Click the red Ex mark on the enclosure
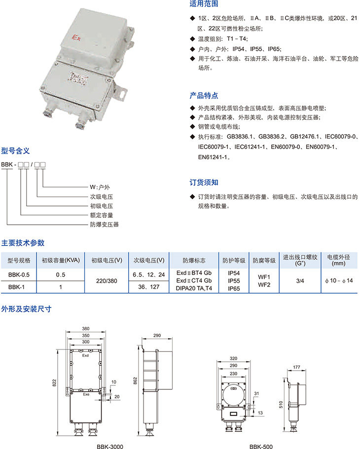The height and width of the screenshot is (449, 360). click(76, 37)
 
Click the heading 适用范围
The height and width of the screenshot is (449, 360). click(204, 4)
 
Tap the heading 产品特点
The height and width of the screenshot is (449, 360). click(204, 95)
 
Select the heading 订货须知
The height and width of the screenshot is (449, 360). click(204, 182)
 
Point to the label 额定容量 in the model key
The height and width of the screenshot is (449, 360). click(102, 215)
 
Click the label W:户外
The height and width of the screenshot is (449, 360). click(100, 187)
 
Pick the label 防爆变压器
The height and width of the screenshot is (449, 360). click(105, 225)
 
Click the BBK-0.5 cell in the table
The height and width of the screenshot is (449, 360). click(19, 275)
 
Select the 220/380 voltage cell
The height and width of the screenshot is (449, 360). click(107, 281)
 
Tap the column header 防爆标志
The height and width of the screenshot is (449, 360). click(194, 260)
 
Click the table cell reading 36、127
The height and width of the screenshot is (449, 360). click(149, 287)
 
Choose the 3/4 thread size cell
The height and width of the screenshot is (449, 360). click(300, 281)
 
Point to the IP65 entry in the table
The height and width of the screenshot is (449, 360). click(234, 289)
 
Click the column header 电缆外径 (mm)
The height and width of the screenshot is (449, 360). click(338, 260)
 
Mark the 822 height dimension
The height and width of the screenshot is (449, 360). click(54, 383)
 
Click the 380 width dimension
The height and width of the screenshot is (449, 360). click(86, 328)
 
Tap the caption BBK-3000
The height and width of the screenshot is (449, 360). click(110, 446)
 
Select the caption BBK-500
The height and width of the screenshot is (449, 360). click(261, 446)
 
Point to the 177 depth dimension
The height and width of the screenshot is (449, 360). click(297, 367)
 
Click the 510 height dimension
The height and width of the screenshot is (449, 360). click(281, 405)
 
